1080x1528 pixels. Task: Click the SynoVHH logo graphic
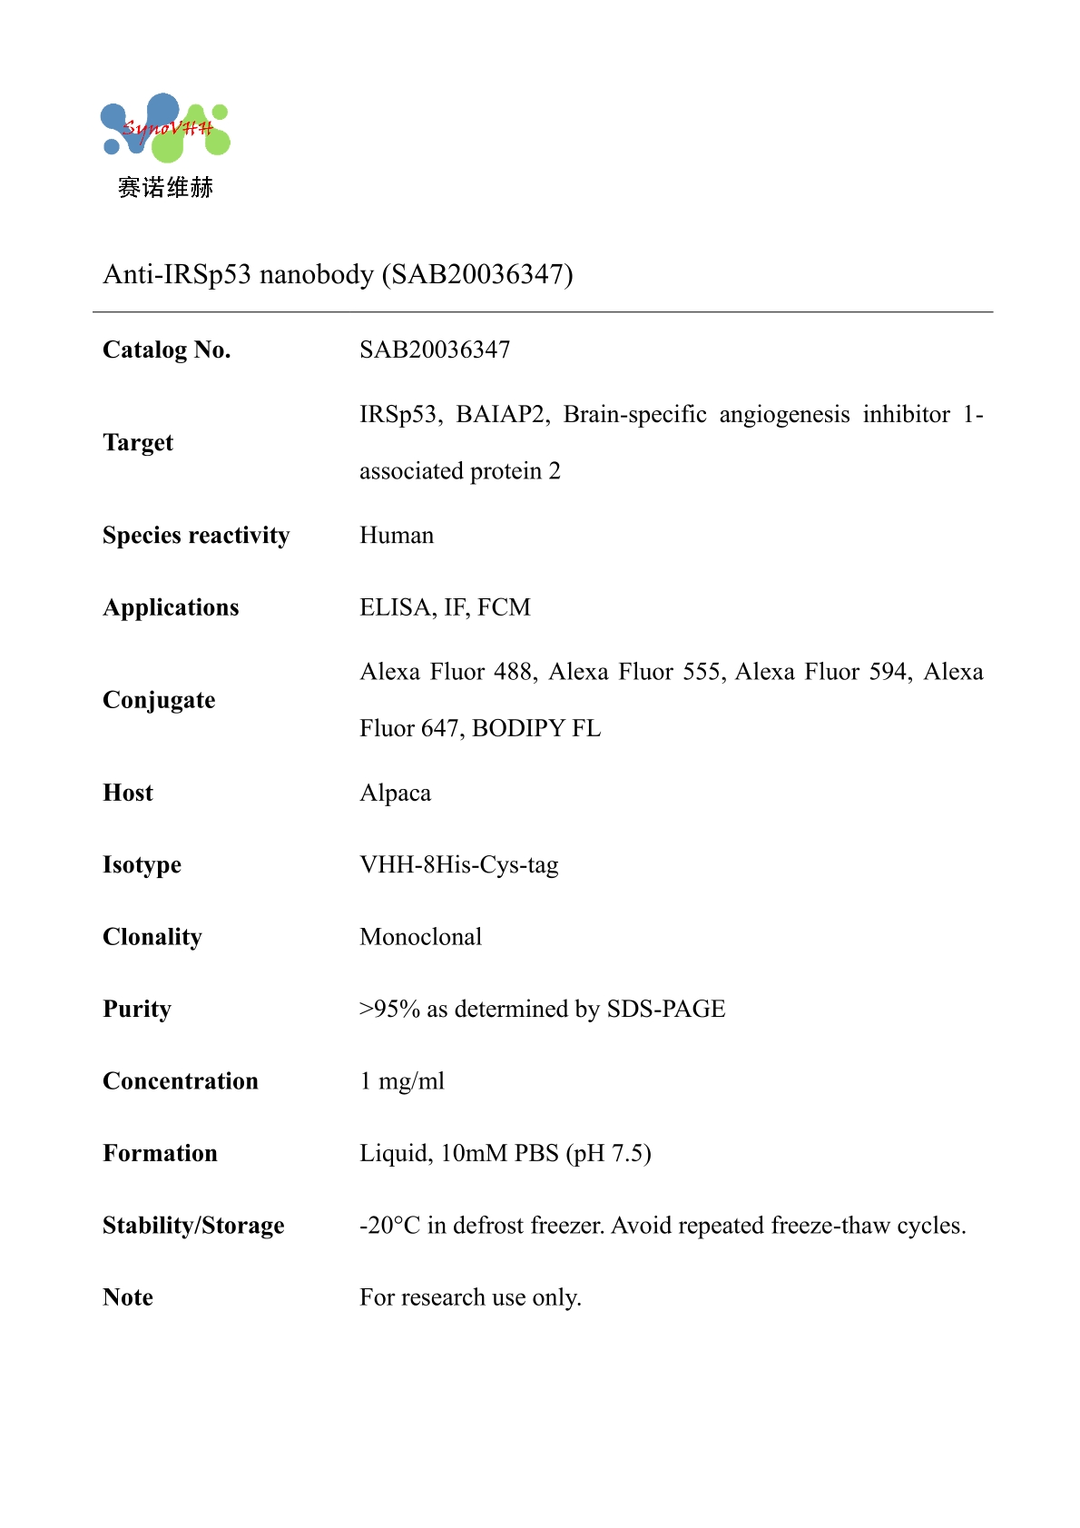tap(165, 128)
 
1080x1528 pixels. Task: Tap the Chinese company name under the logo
tap(165, 188)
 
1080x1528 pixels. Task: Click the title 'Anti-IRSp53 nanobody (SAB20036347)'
tap(338, 274)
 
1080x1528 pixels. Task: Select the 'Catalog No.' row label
tap(167, 350)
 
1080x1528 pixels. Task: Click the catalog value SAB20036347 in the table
tap(435, 350)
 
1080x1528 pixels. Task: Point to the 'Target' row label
tap(138, 442)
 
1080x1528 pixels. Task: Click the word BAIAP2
tap(502, 414)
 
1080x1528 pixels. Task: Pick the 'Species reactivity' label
tap(196, 536)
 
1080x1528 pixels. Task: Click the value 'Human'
tap(397, 536)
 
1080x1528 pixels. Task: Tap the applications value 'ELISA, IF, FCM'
tap(445, 607)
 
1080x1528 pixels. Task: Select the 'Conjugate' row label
tap(159, 700)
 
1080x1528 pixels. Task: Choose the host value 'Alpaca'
tap(395, 793)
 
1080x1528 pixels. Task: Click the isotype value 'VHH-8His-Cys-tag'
tap(458, 864)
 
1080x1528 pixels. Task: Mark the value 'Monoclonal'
tap(420, 937)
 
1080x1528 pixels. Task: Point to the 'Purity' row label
tap(137, 1009)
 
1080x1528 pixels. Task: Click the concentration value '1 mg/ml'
tap(402, 1081)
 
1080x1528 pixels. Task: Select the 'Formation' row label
tap(160, 1153)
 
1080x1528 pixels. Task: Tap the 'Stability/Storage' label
tap(193, 1226)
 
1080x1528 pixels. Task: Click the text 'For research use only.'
tap(470, 1297)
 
